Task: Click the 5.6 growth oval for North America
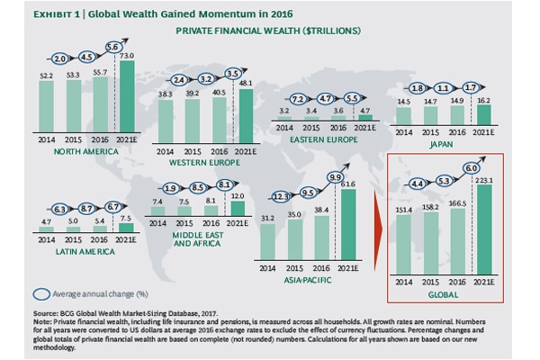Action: point(114,48)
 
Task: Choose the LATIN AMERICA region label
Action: point(66,252)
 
